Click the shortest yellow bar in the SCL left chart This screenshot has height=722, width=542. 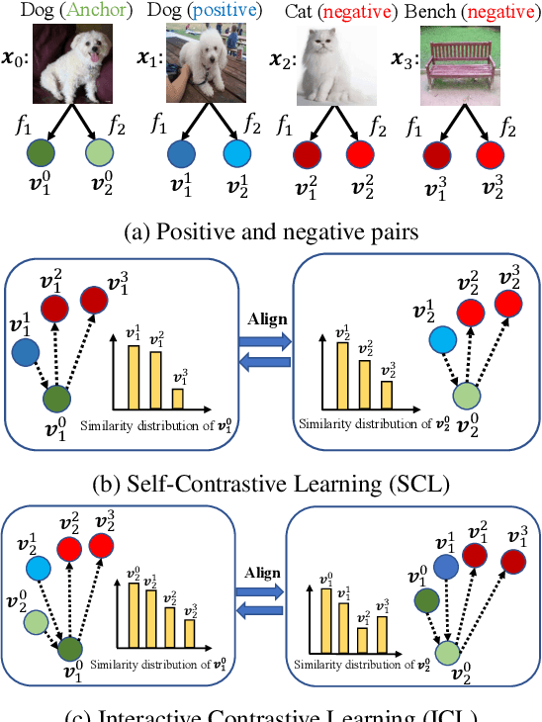click(178, 398)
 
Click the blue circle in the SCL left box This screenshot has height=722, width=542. click(26, 351)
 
